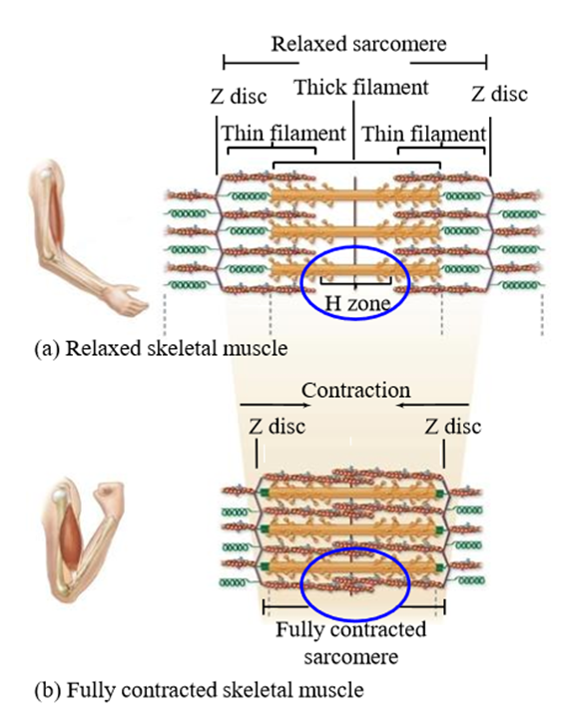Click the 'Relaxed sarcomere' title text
coord(358,44)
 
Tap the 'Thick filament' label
coord(361,87)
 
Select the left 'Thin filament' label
coord(283,134)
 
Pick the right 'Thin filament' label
coord(424,135)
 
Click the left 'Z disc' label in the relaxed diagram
coord(239,97)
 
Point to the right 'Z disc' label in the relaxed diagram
coord(499,94)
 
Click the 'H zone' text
coord(357,303)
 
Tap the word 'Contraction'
coord(356,391)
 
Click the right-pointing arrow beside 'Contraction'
coord(276,405)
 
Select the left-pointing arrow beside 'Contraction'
coord(432,405)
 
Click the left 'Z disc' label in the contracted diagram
coord(277,427)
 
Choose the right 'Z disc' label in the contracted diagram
coord(453,427)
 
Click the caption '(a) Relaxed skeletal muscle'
coord(162,348)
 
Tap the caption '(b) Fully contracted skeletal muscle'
coord(200,690)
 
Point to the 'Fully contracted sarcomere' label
coord(351,643)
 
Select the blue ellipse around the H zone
coord(355,247)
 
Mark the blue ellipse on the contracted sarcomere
coord(355,549)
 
